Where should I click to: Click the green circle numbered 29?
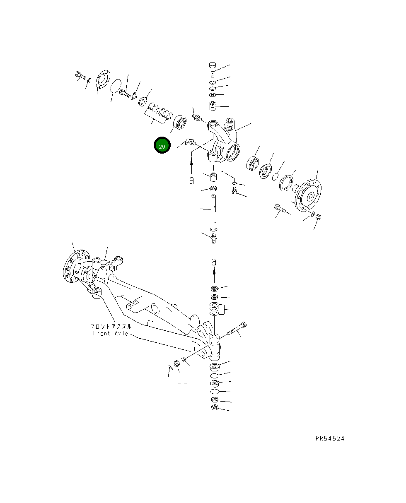(162, 146)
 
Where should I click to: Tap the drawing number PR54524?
(329, 438)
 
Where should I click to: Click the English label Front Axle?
(110, 334)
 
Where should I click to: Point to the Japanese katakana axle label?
(111, 327)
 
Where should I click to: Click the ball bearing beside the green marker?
(181, 122)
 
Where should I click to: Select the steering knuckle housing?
(224, 141)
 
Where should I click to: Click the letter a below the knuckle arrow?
(191, 181)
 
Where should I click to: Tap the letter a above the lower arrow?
(214, 262)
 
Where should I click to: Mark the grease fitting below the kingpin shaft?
(214, 238)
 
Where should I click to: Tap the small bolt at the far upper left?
(79, 75)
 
